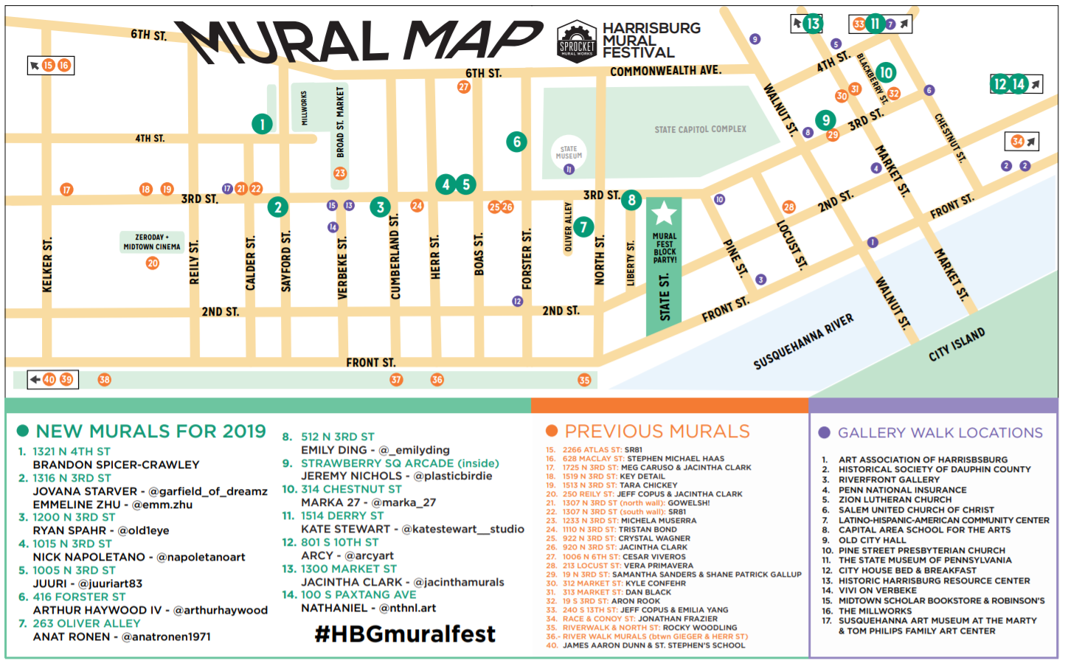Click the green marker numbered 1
(x=262, y=124)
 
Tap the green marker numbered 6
(x=516, y=142)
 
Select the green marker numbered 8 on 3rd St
(x=631, y=200)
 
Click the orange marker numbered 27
(x=463, y=87)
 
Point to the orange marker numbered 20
(x=153, y=263)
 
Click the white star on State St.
(x=664, y=213)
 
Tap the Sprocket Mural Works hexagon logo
(x=577, y=41)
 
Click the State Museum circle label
(x=569, y=153)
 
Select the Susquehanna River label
(x=803, y=341)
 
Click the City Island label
(x=957, y=344)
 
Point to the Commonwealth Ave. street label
(x=665, y=71)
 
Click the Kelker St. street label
(x=47, y=265)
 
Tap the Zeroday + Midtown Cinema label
(x=152, y=242)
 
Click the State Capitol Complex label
(x=700, y=129)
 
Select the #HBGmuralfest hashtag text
(x=405, y=634)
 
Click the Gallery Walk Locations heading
(x=940, y=433)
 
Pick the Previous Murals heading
(x=656, y=431)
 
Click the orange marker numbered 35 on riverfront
(x=584, y=380)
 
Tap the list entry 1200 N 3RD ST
(x=74, y=517)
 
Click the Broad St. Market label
(x=340, y=122)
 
